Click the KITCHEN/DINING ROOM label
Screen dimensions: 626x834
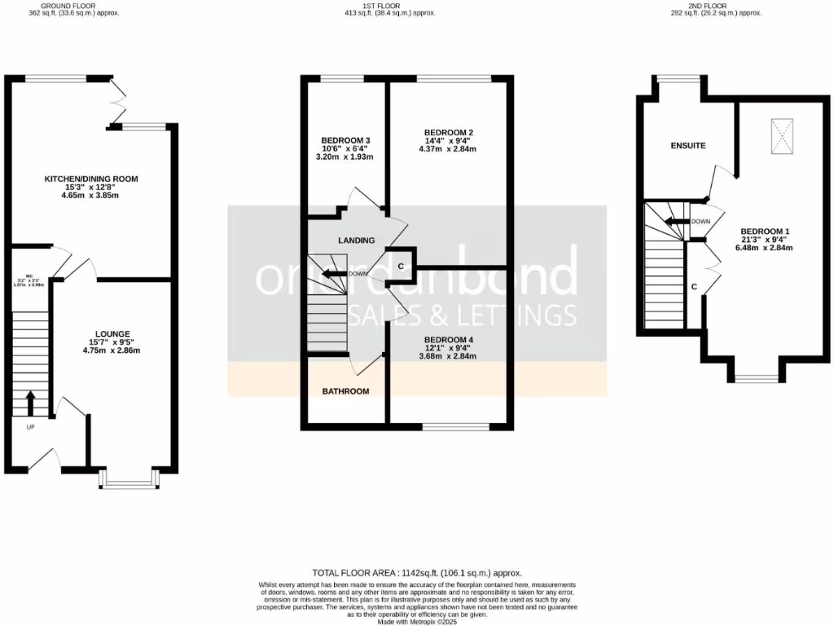click(x=91, y=179)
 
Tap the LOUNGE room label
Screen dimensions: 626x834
click(x=112, y=333)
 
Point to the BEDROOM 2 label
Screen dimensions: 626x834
click(x=448, y=132)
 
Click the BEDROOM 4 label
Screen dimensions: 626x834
click(x=446, y=339)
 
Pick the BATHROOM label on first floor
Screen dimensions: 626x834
click(x=345, y=391)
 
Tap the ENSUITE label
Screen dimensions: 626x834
click(x=687, y=145)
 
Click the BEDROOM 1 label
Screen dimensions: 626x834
click(x=766, y=231)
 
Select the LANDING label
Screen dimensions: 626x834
click(x=356, y=240)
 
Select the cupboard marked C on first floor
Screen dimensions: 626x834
click(x=401, y=266)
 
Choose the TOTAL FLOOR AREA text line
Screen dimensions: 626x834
click(x=417, y=573)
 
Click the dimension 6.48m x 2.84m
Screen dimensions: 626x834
click(x=766, y=248)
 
